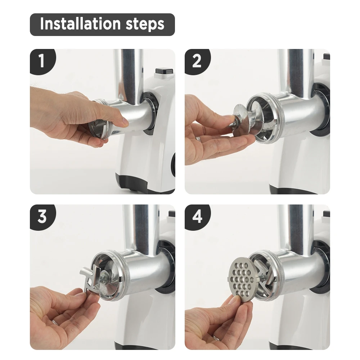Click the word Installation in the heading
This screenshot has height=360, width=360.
click(80, 24)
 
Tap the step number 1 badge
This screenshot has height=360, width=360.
click(42, 61)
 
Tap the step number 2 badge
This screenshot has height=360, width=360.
click(197, 61)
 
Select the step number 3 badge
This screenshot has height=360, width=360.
click(42, 216)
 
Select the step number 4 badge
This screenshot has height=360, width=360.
click(197, 216)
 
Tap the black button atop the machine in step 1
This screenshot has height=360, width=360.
click(164, 71)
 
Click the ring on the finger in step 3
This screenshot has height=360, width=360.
click(55, 322)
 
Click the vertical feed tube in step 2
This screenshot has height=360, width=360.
click(295, 71)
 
